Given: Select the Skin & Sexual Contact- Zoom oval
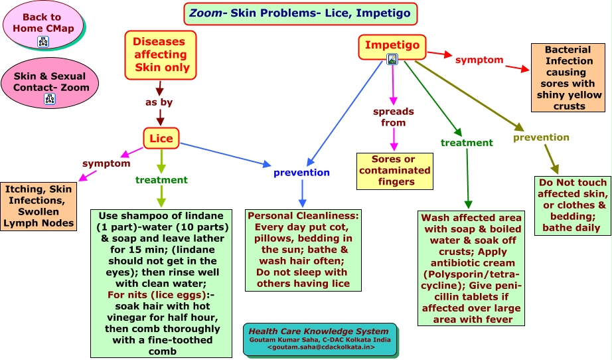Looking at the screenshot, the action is click(x=50, y=83).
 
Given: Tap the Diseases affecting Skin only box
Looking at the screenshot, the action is click(x=161, y=55).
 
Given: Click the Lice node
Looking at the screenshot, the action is click(x=161, y=138).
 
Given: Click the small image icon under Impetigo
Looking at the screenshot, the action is click(x=392, y=59).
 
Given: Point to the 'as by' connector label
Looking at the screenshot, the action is click(x=159, y=102).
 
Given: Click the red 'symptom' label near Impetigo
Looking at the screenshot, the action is click(x=479, y=60).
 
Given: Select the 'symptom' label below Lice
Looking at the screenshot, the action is click(x=106, y=163).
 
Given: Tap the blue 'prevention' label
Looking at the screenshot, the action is click(x=301, y=173).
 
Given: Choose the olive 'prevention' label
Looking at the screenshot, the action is click(x=541, y=137).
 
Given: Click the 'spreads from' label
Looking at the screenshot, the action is click(x=394, y=117).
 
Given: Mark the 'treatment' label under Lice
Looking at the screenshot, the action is click(x=161, y=180).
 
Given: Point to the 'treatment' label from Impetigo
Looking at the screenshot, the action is click(x=467, y=143).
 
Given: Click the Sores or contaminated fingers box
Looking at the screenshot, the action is click(x=395, y=171).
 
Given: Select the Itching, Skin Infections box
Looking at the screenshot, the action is click(x=38, y=207).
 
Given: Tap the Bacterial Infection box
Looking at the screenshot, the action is click(x=568, y=78).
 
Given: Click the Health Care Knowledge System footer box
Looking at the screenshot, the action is click(x=320, y=339).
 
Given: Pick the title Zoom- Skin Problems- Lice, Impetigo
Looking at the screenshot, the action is click(x=300, y=13).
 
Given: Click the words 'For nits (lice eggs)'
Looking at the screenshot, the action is click(x=157, y=295).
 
